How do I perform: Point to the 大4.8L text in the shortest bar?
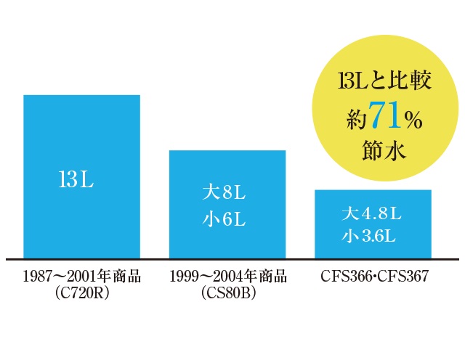[x=371, y=214]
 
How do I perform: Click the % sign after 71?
[x=413, y=120]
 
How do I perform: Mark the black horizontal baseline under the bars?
[x=232, y=259]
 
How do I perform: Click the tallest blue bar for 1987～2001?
[x=81, y=131]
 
